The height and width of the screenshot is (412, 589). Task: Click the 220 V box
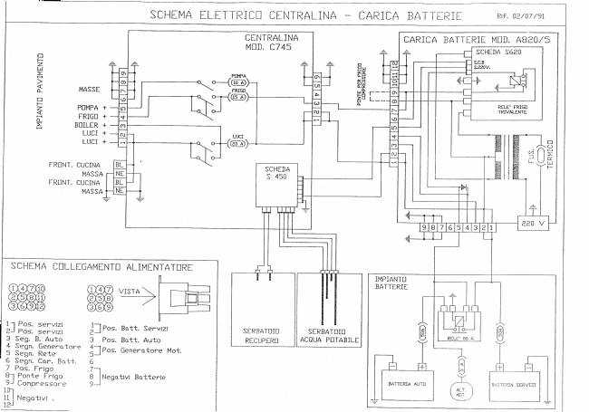530,222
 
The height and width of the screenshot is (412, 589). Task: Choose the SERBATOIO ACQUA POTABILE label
329,335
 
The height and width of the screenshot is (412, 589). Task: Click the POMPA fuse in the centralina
238,81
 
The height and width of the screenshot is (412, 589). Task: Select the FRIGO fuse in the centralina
238,97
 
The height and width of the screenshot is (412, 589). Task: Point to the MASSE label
89,89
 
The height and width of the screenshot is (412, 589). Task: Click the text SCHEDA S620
495,53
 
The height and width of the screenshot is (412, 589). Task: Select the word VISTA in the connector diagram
130,292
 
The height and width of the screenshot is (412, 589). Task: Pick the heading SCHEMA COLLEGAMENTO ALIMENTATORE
101,267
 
